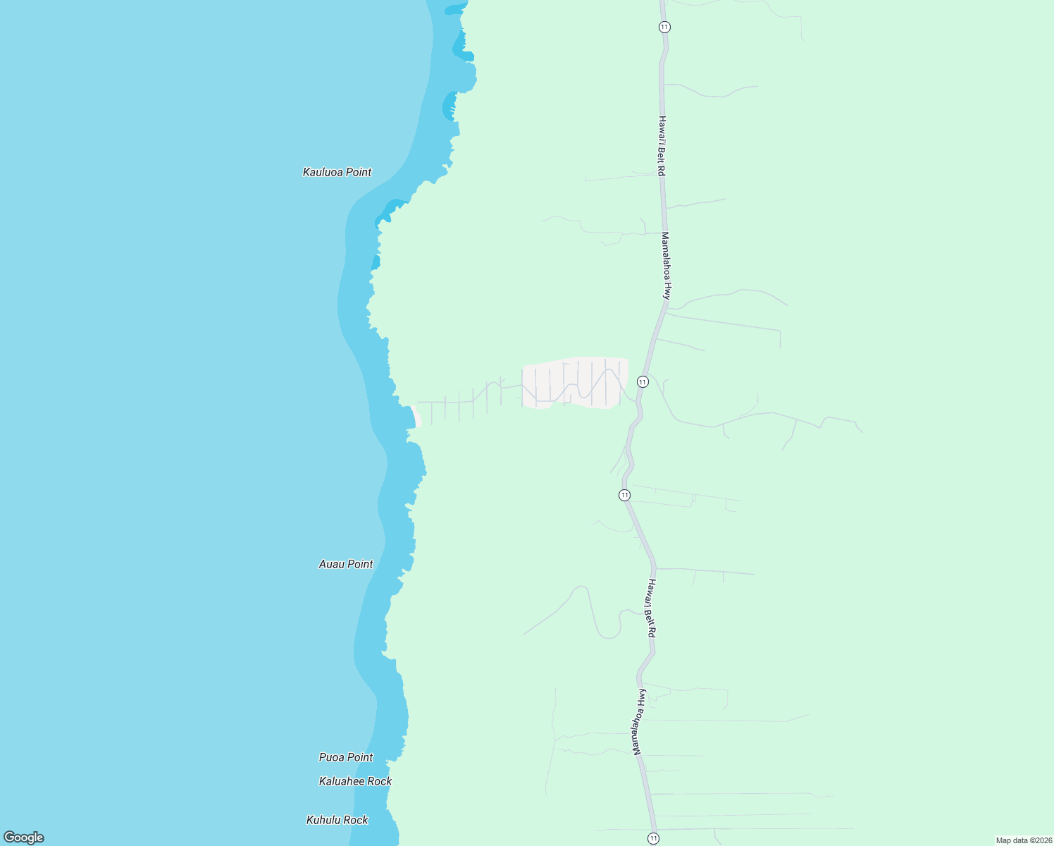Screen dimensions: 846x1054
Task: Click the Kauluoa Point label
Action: tap(337, 172)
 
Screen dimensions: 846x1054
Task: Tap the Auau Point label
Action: tap(346, 564)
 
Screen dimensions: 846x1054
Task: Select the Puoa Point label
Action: tap(346, 757)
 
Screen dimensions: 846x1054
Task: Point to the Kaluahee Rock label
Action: tap(355, 781)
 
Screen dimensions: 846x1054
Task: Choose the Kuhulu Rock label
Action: tap(337, 820)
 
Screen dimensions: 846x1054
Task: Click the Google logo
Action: tap(24, 838)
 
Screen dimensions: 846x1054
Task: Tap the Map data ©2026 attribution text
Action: tap(1023, 840)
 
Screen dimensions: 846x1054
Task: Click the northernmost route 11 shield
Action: tap(664, 27)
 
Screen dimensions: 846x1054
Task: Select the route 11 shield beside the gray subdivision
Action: tap(643, 381)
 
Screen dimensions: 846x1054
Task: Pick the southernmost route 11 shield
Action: tap(654, 838)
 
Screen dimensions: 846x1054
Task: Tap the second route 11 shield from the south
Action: tap(624, 495)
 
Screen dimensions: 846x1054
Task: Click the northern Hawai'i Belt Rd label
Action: tap(662, 146)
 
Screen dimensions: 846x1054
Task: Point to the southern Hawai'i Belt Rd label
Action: tap(652, 608)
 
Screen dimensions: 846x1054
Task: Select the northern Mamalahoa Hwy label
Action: tap(666, 266)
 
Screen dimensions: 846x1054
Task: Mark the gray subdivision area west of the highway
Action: tap(574, 383)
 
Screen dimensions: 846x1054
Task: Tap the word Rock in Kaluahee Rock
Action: tap(379, 781)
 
